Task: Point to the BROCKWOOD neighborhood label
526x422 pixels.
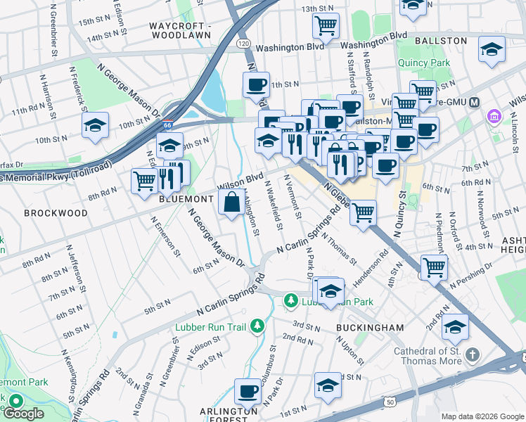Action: click(x=56, y=212)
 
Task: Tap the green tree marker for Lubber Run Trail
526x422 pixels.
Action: click(x=258, y=326)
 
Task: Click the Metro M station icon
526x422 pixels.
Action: click(x=475, y=102)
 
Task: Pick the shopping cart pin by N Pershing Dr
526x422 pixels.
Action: click(x=434, y=267)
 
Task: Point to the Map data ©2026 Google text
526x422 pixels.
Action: click(x=482, y=416)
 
